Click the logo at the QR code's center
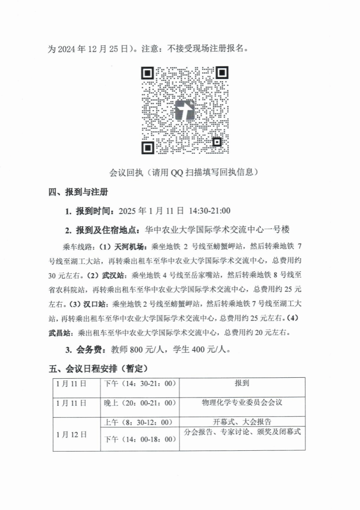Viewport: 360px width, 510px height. pyautogui.click(x=185, y=110)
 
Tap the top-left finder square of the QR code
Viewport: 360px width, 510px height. pyautogui.click(x=147, y=73)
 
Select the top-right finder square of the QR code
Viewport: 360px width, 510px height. pyautogui.click(x=222, y=73)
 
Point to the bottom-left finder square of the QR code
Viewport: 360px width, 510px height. pyautogui.click(x=147, y=147)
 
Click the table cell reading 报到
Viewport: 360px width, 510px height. pyautogui.click(x=242, y=382)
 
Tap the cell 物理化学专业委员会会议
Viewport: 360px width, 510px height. pyautogui.click(x=242, y=403)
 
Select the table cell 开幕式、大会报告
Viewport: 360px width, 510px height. pyautogui.click(x=242, y=421)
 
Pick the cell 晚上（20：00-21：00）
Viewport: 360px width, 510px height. pyautogui.click(x=140, y=403)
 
